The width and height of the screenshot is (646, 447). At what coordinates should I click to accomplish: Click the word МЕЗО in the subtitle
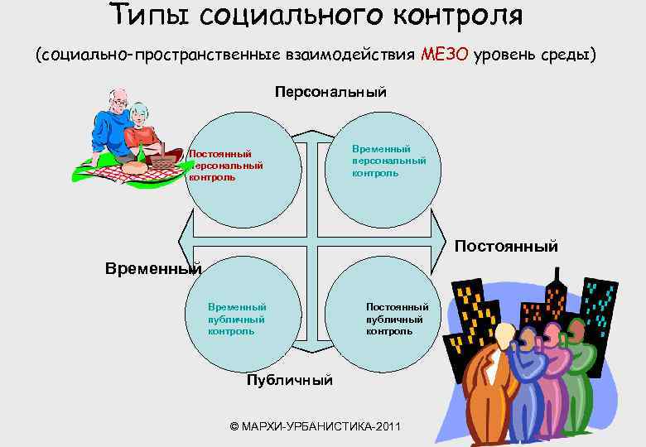click(445, 55)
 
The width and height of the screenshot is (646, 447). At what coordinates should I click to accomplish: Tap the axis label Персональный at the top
click(330, 92)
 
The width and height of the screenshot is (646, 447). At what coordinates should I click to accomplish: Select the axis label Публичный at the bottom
click(290, 380)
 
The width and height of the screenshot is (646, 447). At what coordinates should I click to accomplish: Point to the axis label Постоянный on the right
click(506, 247)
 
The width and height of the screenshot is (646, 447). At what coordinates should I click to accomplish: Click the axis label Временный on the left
click(153, 268)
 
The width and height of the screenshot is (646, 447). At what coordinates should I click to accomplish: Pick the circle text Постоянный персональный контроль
click(225, 165)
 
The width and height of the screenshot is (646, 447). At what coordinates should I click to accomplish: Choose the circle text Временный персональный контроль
click(388, 161)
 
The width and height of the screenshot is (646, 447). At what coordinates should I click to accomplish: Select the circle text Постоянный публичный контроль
click(397, 318)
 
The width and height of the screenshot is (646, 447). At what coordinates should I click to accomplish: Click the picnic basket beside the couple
click(164, 157)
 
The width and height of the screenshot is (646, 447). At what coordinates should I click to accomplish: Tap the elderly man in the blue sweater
click(112, 124)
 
